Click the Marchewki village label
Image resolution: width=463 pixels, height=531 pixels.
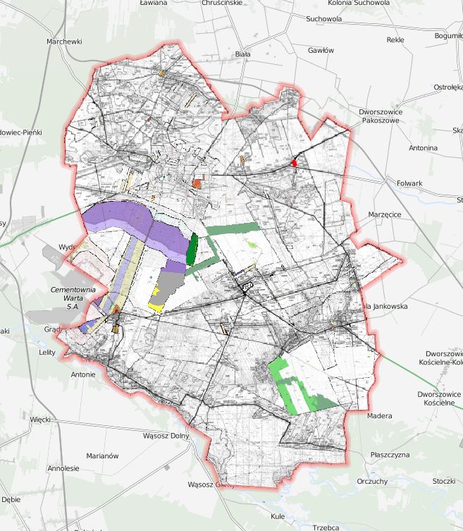point(64,42)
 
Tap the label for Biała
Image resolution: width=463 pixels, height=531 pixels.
point(242,54)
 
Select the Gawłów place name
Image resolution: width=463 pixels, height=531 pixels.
point(321,51)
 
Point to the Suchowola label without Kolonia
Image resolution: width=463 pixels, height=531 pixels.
point(323,19)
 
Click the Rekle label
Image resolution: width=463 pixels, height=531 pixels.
point(395,39)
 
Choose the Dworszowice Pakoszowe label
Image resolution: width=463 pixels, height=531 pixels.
point(379,116)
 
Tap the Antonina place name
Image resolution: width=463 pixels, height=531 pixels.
point(423,148)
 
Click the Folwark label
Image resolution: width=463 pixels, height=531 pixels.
point(409,183)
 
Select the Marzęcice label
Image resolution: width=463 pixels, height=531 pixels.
point(385,214)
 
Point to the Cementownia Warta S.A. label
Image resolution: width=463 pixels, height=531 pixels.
point(73,298)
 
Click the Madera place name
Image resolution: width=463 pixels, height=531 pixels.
point(379,416)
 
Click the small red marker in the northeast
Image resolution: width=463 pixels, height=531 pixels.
point(295,163)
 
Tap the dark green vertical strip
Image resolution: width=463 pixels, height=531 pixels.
point(192,249)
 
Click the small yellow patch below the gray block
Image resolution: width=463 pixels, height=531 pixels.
point(156,307)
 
